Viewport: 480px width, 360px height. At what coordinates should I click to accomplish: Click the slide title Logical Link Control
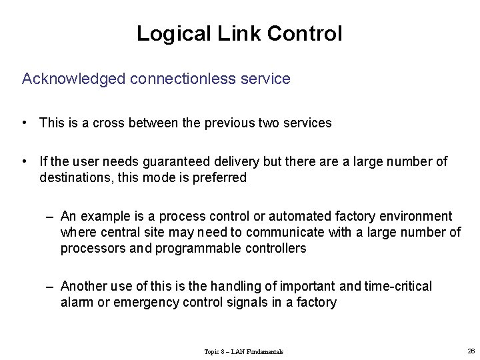coord(239,33)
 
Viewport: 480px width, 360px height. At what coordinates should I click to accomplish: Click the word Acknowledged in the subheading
coord(73,79)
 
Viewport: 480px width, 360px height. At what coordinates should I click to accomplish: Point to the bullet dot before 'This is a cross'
coord(24,123)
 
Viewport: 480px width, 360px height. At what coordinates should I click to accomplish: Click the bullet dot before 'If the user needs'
coord(24,161)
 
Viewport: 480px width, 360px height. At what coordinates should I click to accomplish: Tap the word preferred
coord(222,177)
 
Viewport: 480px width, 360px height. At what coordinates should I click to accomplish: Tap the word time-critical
coord(398,286)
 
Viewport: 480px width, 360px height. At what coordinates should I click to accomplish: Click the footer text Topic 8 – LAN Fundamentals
coord(243,351)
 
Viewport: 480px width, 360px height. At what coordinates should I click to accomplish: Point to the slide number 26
coord(471,351)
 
